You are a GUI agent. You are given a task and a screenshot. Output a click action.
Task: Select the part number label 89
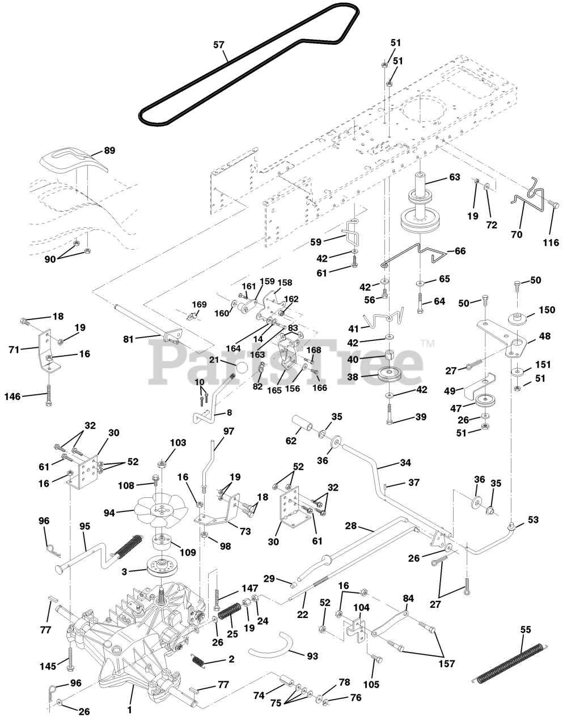point(109,150)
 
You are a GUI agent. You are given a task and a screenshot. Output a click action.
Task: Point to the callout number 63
point(455,177)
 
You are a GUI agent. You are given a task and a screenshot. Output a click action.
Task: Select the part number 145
point(48,666)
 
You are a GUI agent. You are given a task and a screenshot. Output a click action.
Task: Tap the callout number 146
point(12,396)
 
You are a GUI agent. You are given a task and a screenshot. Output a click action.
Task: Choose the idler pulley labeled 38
point(389,374)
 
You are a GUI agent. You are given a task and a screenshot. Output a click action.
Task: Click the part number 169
point(199,304)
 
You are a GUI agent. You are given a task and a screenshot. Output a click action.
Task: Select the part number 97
point(228,431)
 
